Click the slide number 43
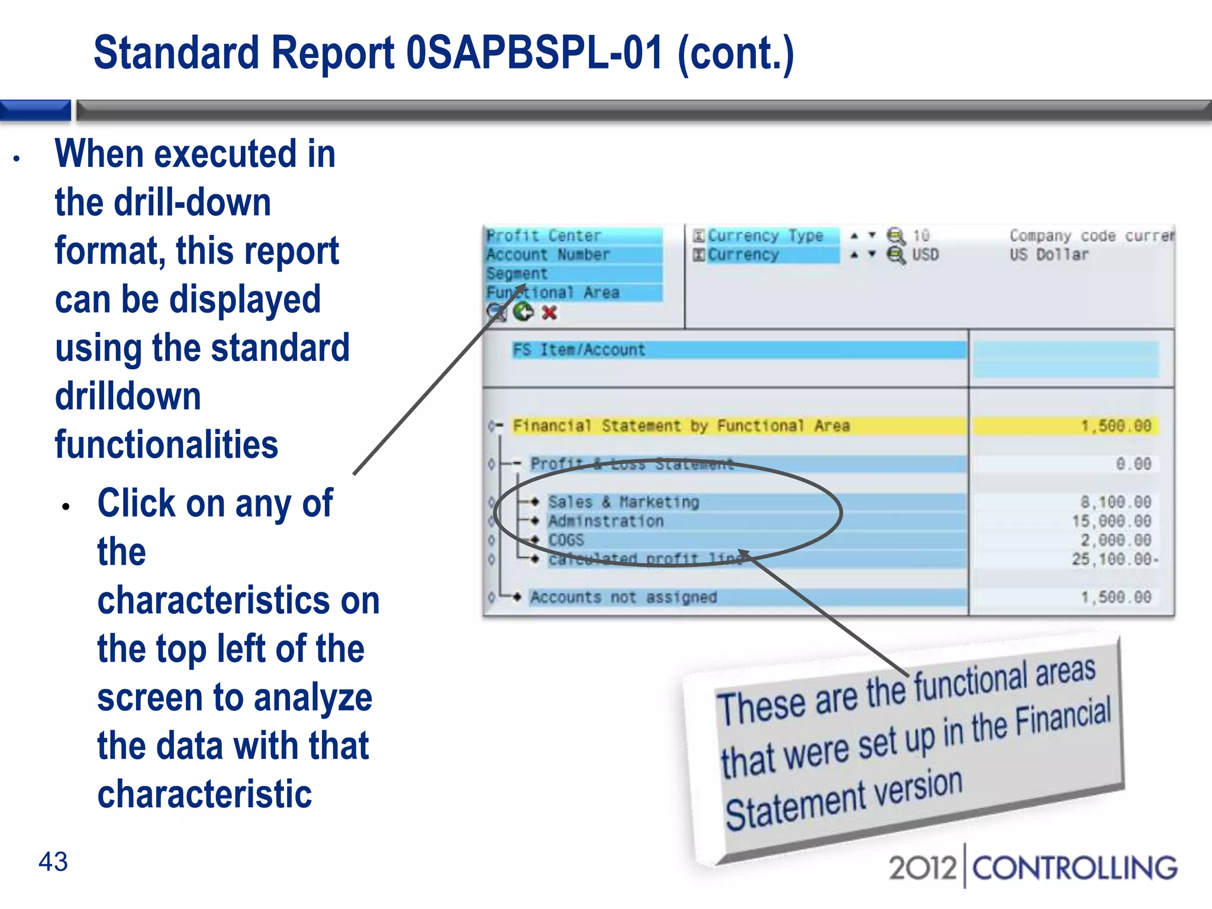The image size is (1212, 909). (x=53, y=862)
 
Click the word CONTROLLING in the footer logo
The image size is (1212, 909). (x=1074, y=868)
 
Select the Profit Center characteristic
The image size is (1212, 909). (x=544, y=236)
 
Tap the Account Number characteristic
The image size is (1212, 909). (x=548, y=254)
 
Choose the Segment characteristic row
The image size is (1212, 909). (x=517, y=273)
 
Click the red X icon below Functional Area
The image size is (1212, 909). (x=549, y=312)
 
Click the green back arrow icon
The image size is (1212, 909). (x=523, y=311)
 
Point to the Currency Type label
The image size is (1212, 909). (x=765, y=236)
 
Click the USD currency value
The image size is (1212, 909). (x=925, y=254)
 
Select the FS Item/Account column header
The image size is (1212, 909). (x=579, y=350)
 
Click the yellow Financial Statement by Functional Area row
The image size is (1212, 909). (x=681, y=426)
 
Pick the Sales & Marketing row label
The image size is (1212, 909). (x=623, y=502)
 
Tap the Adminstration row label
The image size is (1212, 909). (x=605, y=521)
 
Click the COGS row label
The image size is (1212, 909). (x=566, y=540)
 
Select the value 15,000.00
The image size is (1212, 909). (x=1111, y=521)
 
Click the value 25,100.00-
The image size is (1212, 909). (x=1114, y=559)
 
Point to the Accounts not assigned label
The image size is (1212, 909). (x=623, y=597)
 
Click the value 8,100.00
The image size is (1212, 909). (x=1116, y=502)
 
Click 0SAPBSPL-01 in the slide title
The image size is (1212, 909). (x=534, y=53)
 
